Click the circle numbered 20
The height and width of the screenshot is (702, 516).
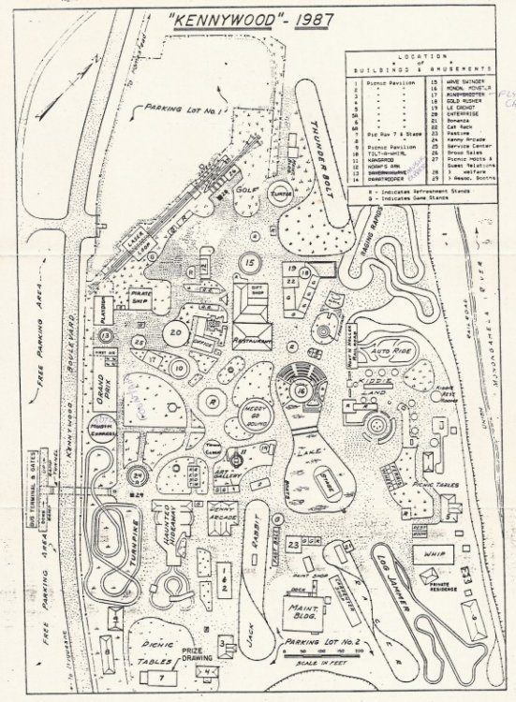[x=177, y=330]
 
